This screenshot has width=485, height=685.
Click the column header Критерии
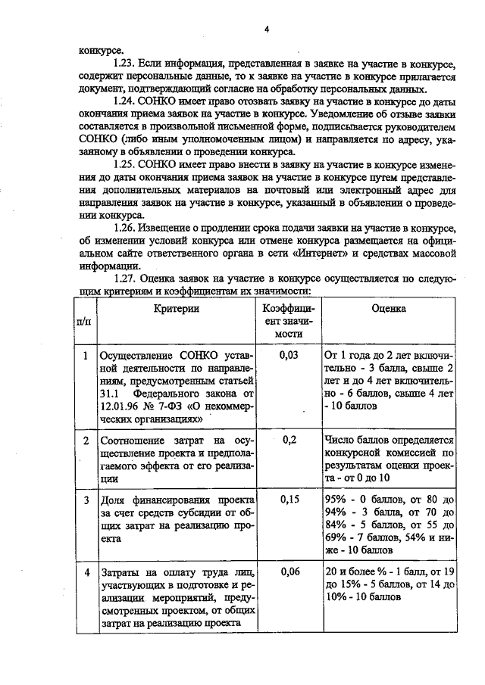175,309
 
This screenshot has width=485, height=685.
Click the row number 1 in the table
86,354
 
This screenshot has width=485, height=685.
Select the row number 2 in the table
86,441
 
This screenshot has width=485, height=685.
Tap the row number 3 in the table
86,500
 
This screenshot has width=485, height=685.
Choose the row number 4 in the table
86,573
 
